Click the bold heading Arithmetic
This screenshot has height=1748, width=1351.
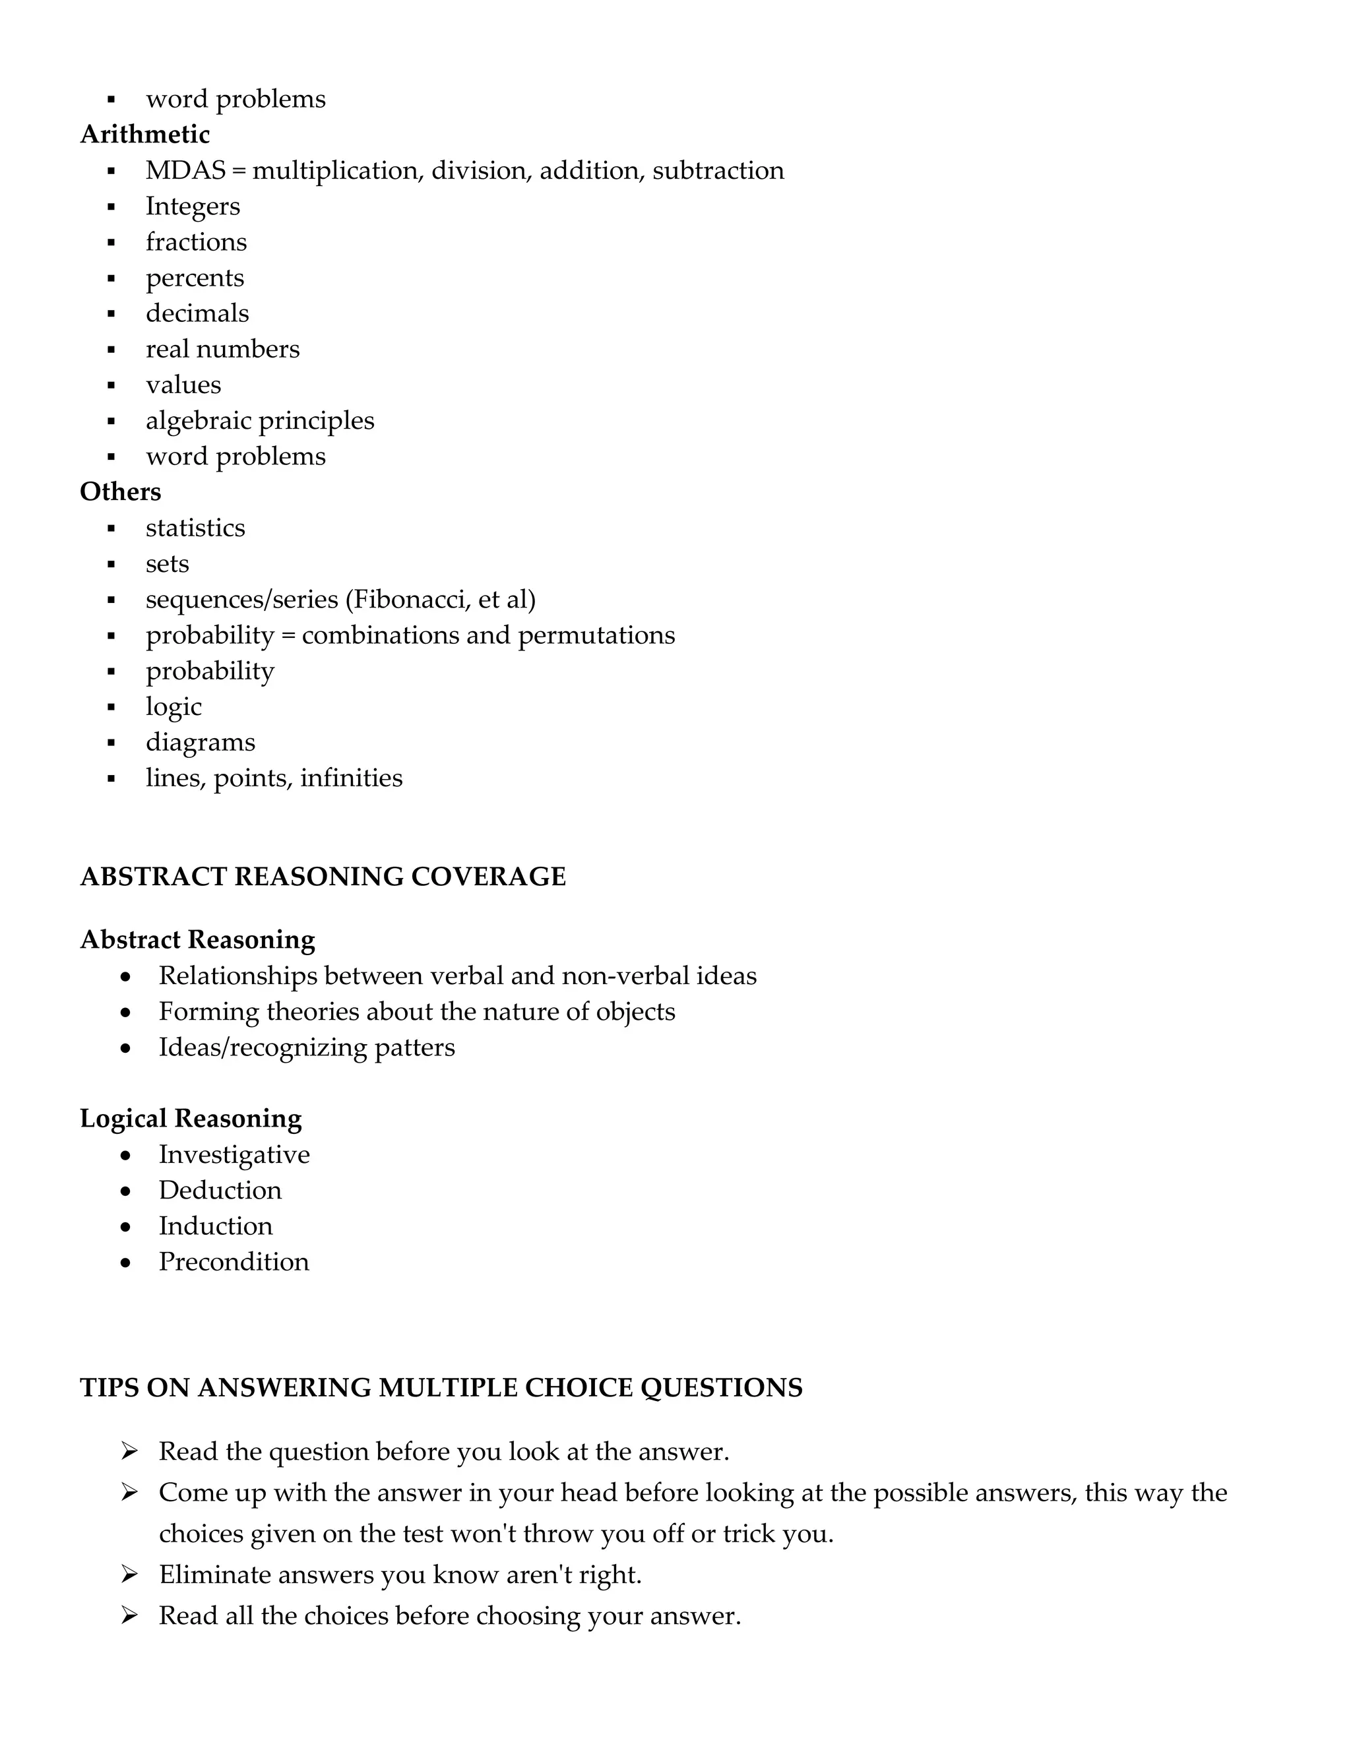point(145,135)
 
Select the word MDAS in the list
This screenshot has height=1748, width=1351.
point(185,170)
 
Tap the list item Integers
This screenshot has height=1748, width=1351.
point(192,206)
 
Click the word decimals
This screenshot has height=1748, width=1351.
point(197,314)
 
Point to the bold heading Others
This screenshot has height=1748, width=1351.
point(120,492)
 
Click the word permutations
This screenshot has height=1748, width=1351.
point(596,635)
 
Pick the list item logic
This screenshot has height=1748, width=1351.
point(173,706)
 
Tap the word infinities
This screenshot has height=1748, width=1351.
point(352,778)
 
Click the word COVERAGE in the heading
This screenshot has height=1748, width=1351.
point(488,877)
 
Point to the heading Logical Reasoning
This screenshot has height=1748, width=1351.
point(191,1119)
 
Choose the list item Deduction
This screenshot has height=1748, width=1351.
point(220,1190)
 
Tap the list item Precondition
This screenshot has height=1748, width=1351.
point(234,1262)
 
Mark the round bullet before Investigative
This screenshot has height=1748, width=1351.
point(125,1156)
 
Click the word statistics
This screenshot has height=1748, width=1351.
point(195,528)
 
